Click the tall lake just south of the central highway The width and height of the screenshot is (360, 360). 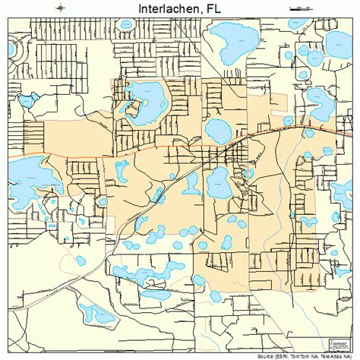[217, 182]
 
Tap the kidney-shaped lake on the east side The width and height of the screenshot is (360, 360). [318, 98]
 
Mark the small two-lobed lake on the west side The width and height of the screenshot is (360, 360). [31, 99]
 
